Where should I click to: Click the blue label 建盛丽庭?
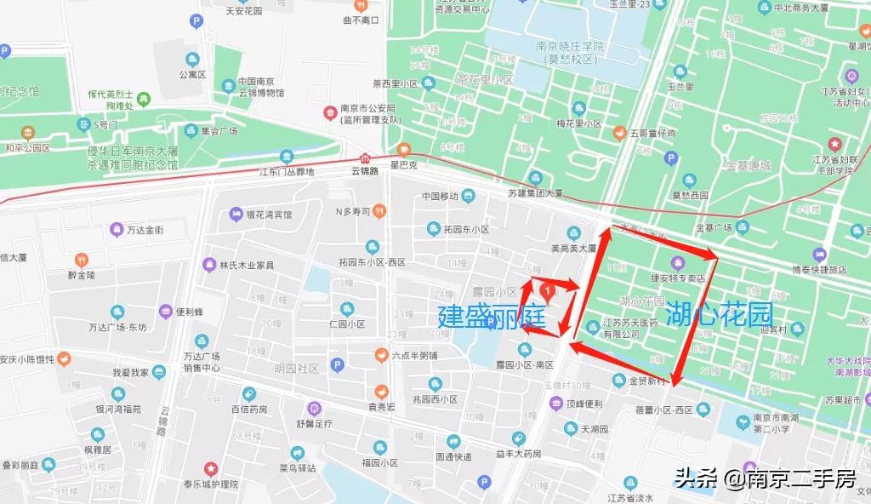[491, 316]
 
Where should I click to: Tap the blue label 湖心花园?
[718, 313]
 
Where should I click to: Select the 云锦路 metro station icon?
[365, 158]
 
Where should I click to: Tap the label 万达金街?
[144, 230]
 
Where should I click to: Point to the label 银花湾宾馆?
[268, 215]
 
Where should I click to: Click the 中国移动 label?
[441, 197]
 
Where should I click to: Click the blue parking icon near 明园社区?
[337, 365]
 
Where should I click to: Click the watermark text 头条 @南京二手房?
[765, 479]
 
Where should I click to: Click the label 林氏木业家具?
[247, 265]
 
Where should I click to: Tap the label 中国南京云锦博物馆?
[261, 86]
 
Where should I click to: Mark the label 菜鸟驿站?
[297, 467]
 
